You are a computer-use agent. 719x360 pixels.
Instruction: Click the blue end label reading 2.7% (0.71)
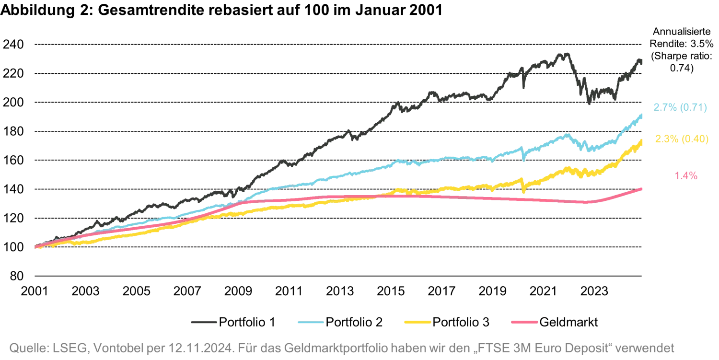(680, 108)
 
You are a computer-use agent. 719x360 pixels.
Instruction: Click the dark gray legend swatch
(203, 322)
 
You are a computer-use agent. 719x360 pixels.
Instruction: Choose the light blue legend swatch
(311, 322)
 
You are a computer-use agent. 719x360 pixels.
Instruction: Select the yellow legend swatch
(417, 322)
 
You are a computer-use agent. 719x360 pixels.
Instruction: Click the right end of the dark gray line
(642, 59)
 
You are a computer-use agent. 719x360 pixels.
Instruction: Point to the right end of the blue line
(642, 114)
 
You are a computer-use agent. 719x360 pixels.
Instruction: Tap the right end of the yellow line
(642, 140)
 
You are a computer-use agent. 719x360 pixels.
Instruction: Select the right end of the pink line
(642, 188)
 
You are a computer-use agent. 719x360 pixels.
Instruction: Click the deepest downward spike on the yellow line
(522, 193)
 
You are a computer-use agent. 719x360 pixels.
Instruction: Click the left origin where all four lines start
(36, 247)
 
